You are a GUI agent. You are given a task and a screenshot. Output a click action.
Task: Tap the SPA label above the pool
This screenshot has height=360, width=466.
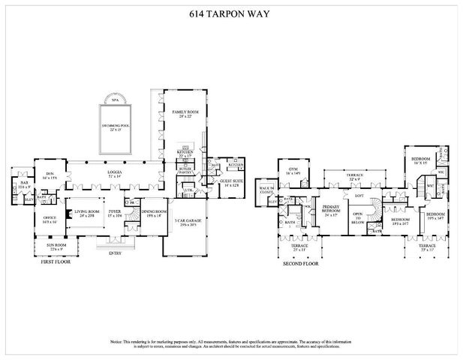(x=115, y=99)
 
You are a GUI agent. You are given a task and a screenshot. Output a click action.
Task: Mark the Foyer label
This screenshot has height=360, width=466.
(x=115, y=214)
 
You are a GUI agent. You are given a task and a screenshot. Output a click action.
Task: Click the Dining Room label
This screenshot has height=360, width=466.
(x=152, y=214)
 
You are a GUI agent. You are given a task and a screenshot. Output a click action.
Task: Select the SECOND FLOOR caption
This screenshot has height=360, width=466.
(x=301, y=264)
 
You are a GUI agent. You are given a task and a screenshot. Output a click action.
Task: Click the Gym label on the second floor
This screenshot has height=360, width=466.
(x=292, y=172)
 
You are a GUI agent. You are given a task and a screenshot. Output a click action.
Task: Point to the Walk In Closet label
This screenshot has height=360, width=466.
(x=266, y=190)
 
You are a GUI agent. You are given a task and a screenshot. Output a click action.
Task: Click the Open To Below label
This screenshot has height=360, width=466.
(x=358, y=218)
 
